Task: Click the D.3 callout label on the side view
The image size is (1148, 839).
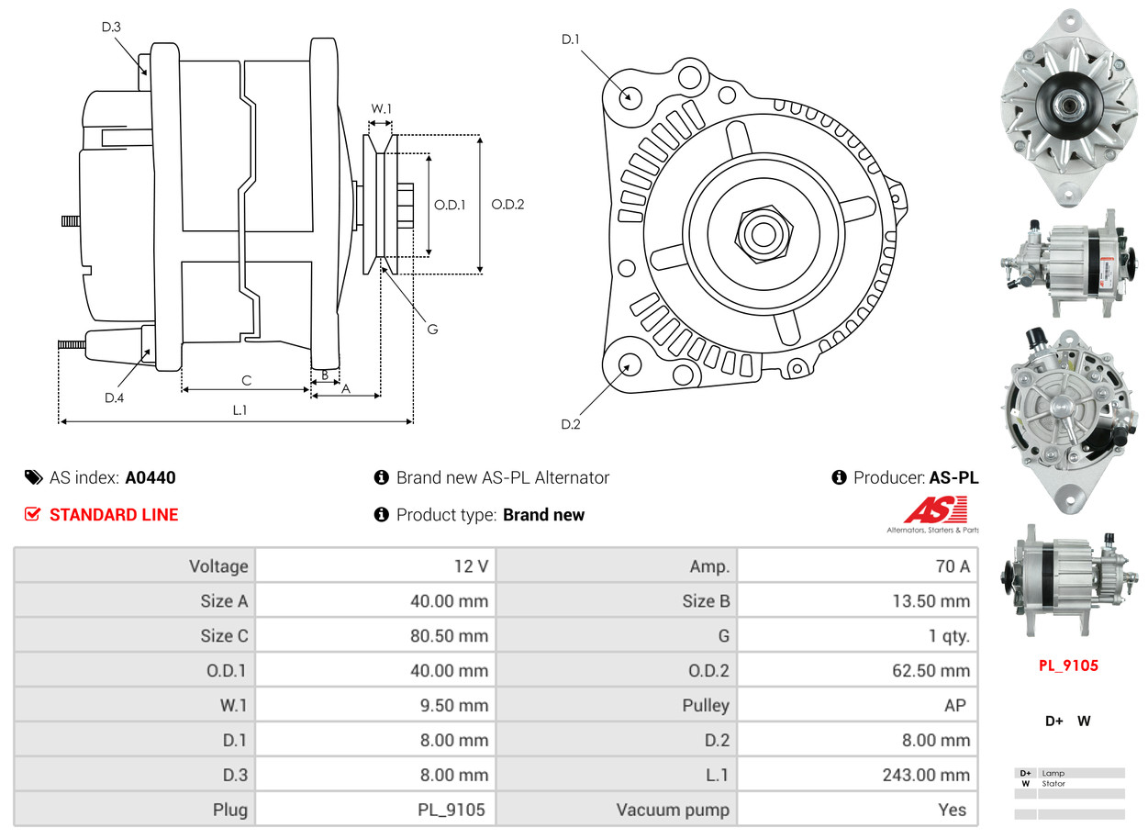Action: pos(111,28)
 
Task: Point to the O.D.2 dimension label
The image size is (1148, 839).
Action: pos(507,205)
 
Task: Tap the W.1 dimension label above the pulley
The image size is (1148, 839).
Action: pos(381,109)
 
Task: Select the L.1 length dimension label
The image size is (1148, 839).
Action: pos(240,410)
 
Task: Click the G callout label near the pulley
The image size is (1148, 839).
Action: pos(432,329)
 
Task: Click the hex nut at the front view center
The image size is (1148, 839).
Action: pos(762,232)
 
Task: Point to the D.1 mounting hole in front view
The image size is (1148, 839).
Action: pos(630,95)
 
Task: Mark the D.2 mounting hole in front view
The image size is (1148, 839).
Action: pos(629,365)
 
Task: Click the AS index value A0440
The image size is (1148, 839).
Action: pos(150,477)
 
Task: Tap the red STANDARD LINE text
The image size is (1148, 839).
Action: pos(114,515)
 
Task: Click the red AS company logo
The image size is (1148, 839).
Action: pos(935,510)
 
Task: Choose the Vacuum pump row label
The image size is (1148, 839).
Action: pos(673,810)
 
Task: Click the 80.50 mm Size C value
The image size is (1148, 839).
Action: pos(449,636)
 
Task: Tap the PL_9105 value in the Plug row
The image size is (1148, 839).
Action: pos(451,810)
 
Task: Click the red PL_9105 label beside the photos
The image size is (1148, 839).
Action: pos(1068,666)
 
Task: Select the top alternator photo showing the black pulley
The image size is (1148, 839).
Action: pos(1068,106)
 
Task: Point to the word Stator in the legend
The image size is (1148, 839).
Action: pos(1053,784)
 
